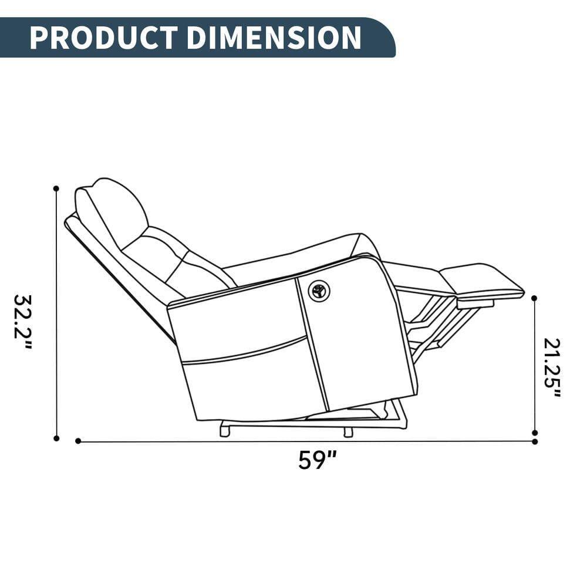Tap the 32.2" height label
tap(23, 322)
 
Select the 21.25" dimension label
tap(552, 367)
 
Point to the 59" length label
tap(317, 460)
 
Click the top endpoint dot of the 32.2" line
tap(56, 188)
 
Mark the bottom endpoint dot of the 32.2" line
tap(56, 438)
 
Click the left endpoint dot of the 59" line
tap(78, 441)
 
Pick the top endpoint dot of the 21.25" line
tap(534, 298)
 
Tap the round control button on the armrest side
tap(319, 291)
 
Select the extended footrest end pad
tap(481, 280)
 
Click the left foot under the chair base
tap(224, 431)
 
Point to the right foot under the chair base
tap(348, 432)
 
